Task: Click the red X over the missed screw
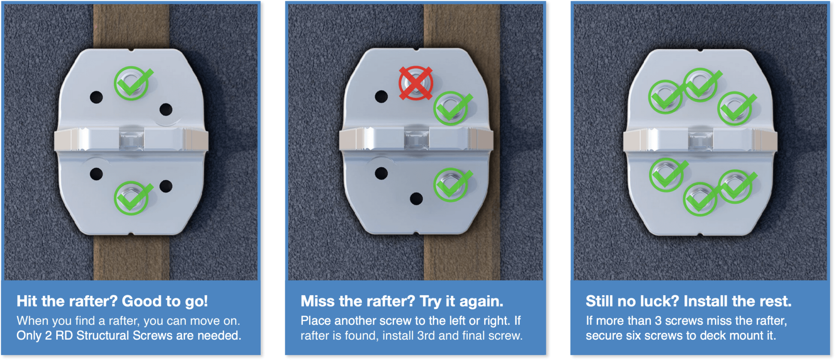click(416, 83)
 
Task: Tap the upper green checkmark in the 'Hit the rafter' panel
click(132, 83)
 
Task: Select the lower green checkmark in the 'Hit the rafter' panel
click(132, 198)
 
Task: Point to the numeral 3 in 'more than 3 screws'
click(658, 321)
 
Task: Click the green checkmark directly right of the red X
click(451, 108)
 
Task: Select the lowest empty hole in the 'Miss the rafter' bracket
click(416, 199)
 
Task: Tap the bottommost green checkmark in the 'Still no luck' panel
click(700, 199)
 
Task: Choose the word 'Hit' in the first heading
click(27, 301)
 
